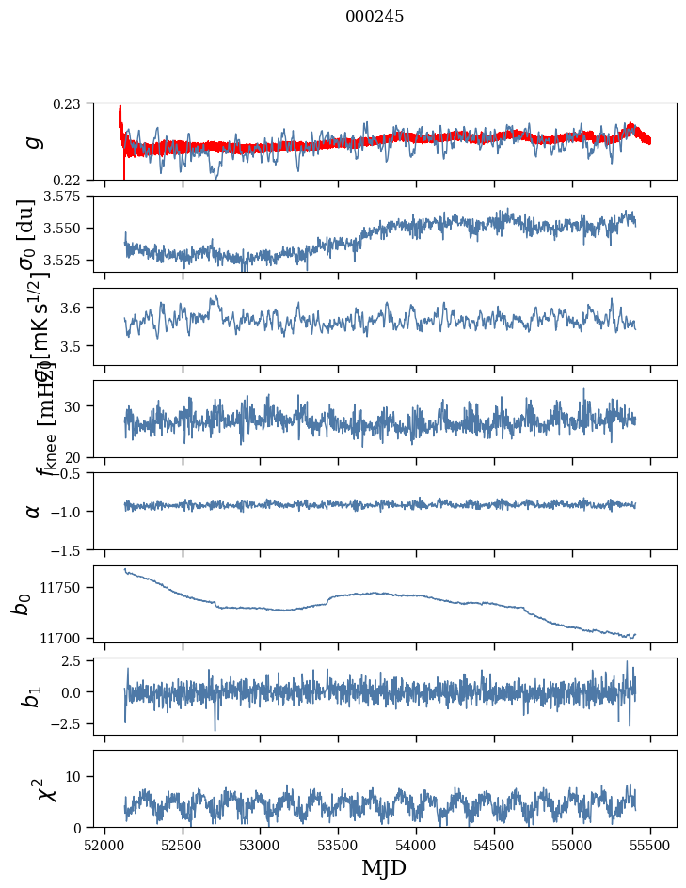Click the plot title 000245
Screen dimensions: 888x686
pyautogui.click(x=375, y=17)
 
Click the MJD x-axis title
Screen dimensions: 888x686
pyautogui.click(x=384, y=868)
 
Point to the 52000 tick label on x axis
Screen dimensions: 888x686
pyautogui.click(x=104, y=843)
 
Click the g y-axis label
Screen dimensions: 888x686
pyautogui.click(x=34, y=141)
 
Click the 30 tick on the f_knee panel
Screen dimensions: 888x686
pyautogui.click(x=75, y=405)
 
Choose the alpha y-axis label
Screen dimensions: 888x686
pyautogui.click(x=34, y=511)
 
